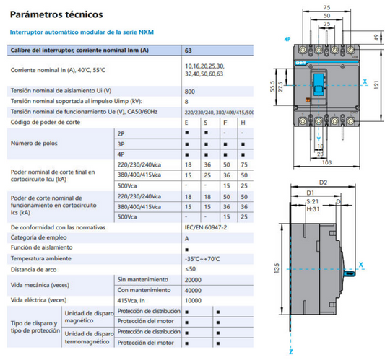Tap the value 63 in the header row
coord(189,51)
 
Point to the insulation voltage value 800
coord(190,91)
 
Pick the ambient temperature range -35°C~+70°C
coord(203,258)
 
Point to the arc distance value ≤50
coord(191,268)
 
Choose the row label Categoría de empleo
coord(43,237)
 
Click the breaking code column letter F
coord(225,123)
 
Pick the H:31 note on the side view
coord(313,208)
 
